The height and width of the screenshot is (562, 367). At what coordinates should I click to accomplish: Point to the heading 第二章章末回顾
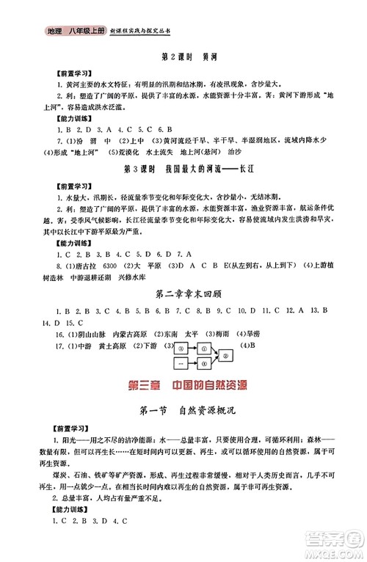coord(183,295)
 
